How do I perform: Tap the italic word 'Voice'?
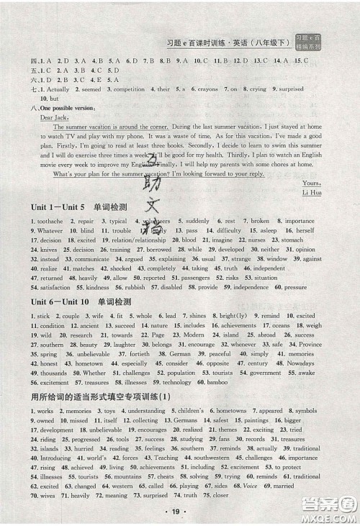(x=251, y=486)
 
